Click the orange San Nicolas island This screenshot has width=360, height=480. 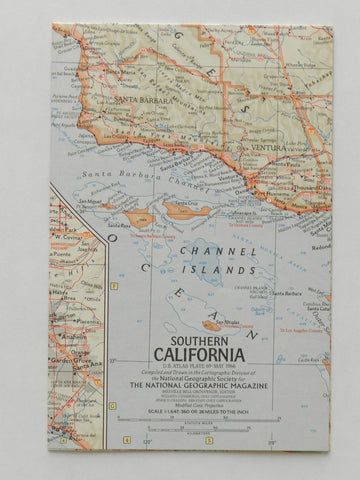(x=210, y=325)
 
